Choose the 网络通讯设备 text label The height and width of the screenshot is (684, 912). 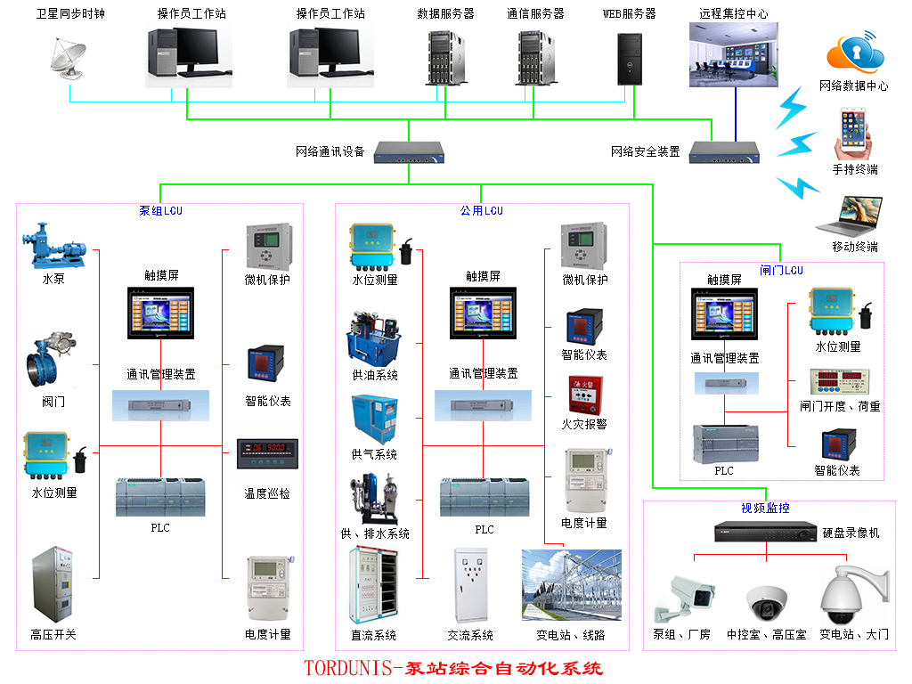pyautogui.click(x=330, y=152)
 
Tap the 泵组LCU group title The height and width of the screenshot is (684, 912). pyautogui.click(x=160, y=211)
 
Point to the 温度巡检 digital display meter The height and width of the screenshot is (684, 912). pyautogui.click(x=267, y=453)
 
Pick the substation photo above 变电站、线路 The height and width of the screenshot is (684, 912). pyautogui.click(x=571, y=584)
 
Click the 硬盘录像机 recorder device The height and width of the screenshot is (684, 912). pyautogui.click(x=765, y=533)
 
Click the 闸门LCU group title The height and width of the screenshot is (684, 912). pyautogui.click(x=781, y=271)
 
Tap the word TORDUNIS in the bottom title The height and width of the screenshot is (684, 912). pyautogui.click(x=348, y=668)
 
